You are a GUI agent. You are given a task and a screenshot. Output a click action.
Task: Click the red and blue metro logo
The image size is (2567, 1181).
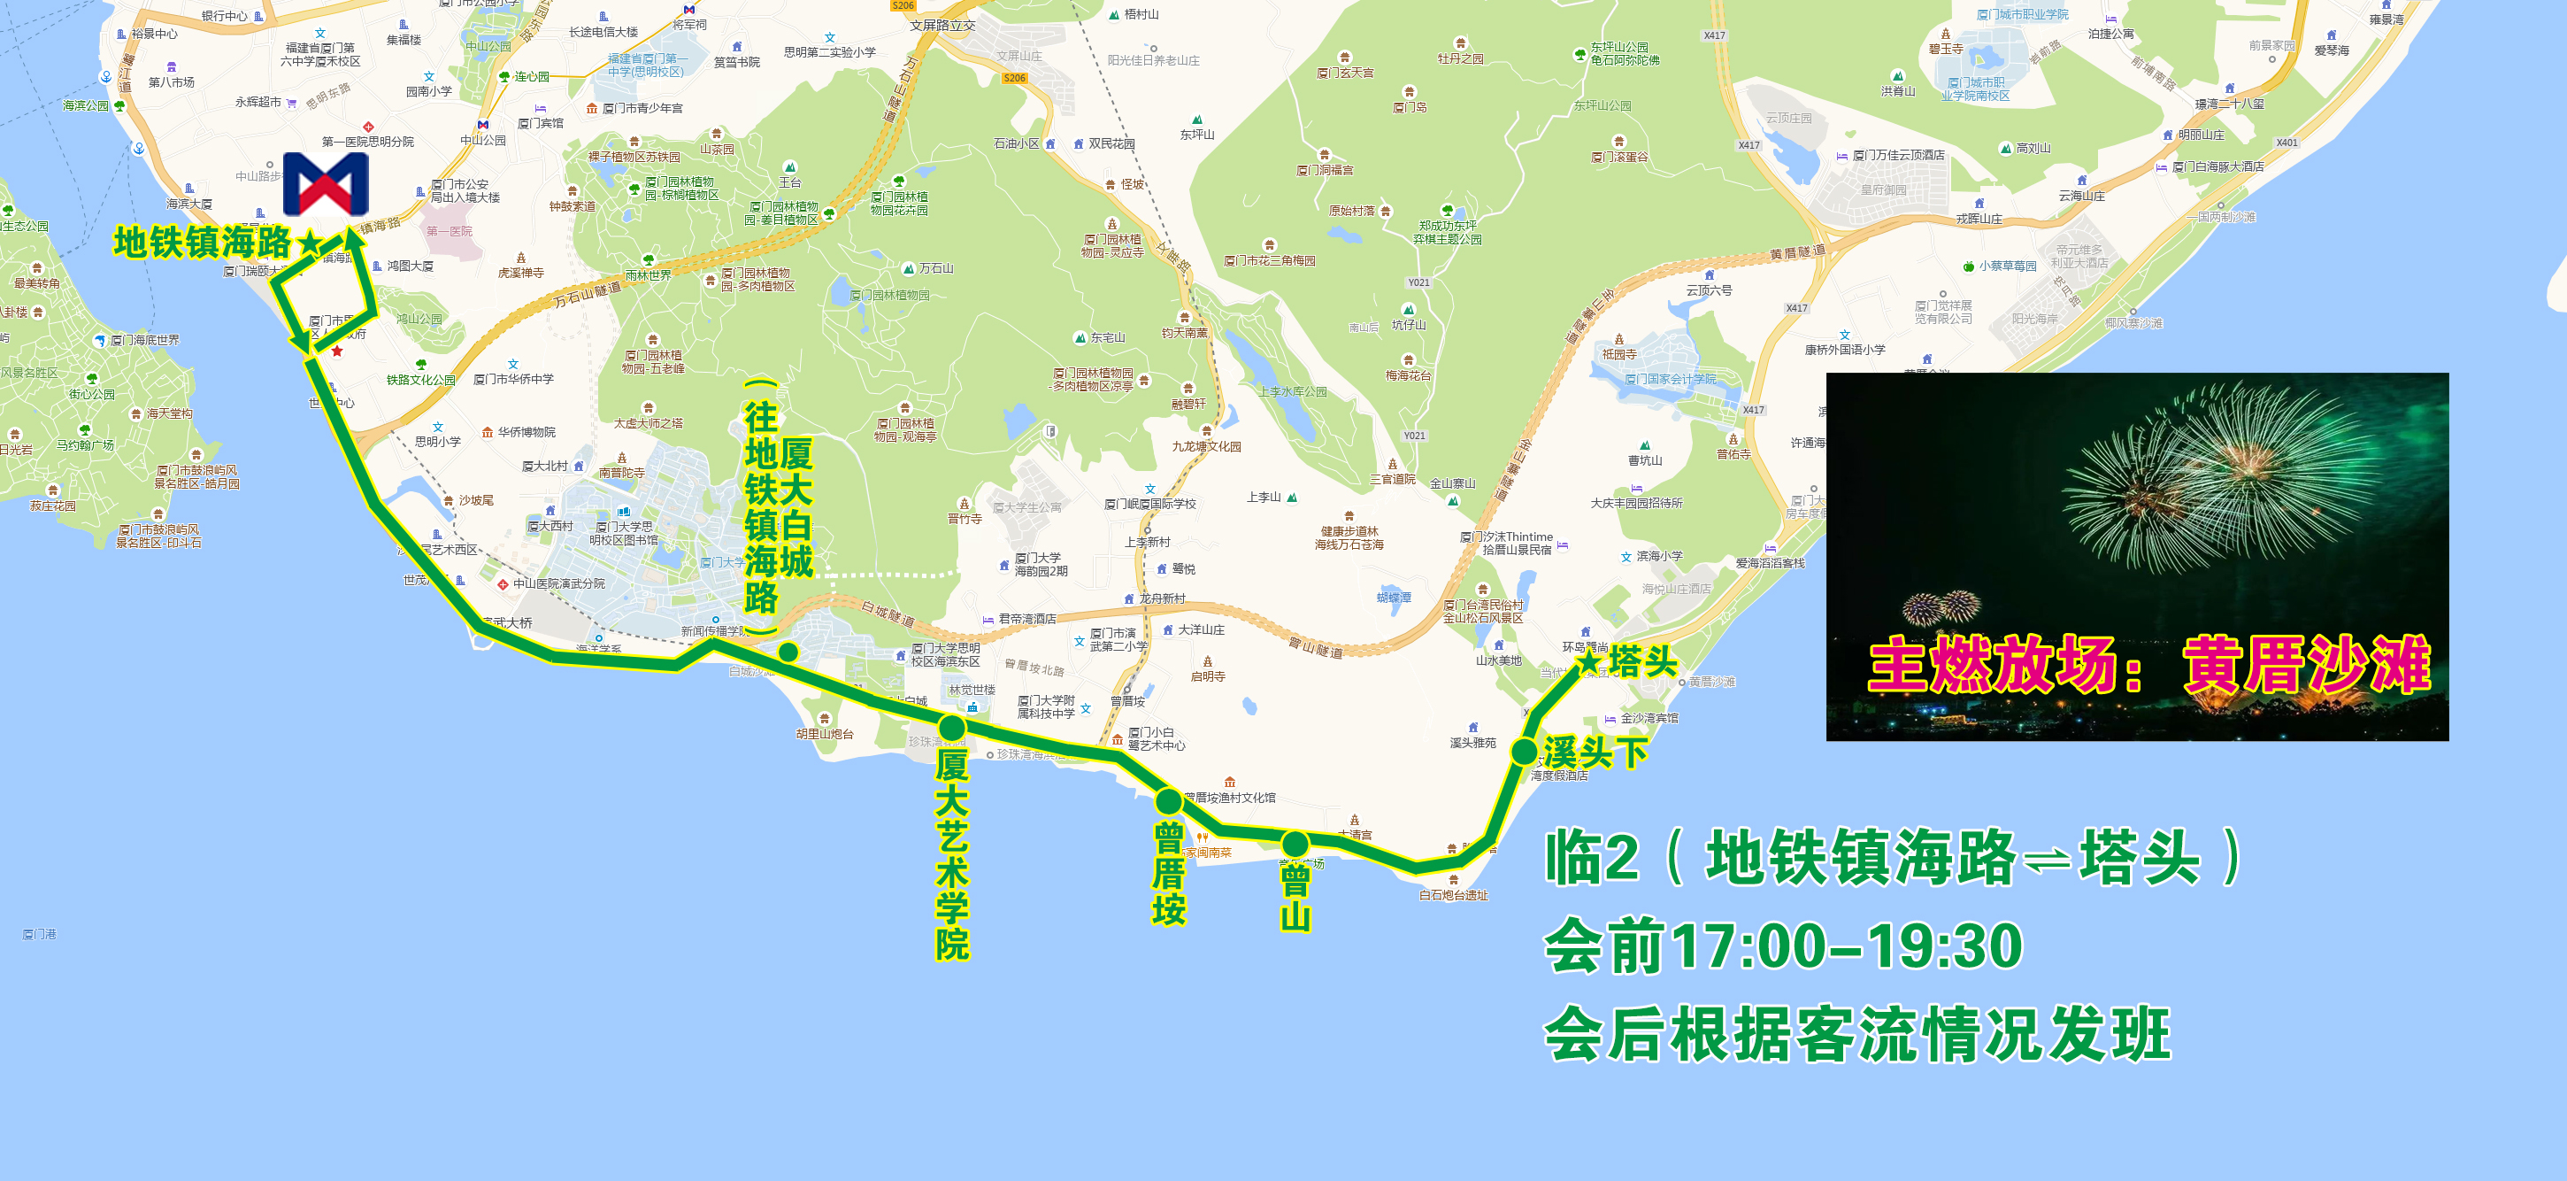point(326,184)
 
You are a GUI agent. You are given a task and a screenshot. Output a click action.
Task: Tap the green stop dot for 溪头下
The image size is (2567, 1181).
point(1524,752)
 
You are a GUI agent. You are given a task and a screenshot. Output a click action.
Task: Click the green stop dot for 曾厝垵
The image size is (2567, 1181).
point(1168,800)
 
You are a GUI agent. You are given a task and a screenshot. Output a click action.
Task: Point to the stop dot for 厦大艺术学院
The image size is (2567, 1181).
point(951,727)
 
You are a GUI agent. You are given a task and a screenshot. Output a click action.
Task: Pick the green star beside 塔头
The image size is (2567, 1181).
point(1588,660)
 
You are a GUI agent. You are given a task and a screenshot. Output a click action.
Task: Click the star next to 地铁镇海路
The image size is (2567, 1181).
point(310,243)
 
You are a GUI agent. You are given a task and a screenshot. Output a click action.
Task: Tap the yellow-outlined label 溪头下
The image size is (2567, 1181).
point(1595,752)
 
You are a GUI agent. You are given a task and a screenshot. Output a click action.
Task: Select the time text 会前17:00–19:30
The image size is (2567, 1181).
point(1783,945)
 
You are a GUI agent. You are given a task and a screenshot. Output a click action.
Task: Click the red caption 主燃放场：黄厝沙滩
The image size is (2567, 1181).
point(2148,665)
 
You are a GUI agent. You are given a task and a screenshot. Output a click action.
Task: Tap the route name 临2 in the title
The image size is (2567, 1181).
point(1591,857)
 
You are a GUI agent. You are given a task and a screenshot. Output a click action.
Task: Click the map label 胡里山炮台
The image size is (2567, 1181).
point(824,734)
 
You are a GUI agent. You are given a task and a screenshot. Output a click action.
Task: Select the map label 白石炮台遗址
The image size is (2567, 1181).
point(1453,895)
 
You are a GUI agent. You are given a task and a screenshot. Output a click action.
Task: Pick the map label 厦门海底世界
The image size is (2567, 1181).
point(144,340)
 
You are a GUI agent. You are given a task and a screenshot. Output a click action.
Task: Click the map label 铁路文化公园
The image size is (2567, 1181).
point(420,380)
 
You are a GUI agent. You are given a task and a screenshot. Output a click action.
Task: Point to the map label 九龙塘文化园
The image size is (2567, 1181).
point(1206,446)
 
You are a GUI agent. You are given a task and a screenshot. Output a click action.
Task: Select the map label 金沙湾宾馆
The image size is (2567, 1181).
point(1649,718)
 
